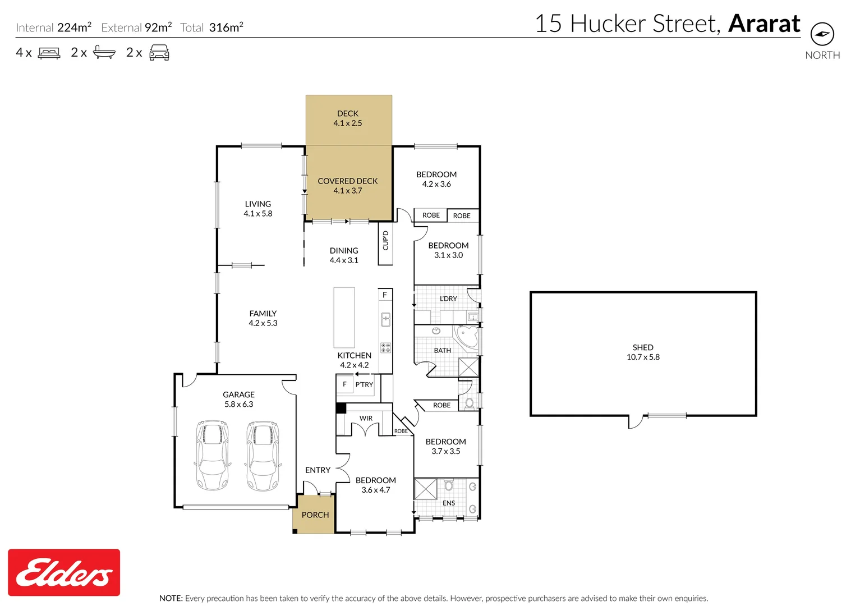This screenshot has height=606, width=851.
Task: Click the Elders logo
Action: (64, 572)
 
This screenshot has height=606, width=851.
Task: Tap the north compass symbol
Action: (822, 34)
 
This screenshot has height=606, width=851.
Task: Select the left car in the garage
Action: (213, 455)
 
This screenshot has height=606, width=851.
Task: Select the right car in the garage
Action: (263, 455)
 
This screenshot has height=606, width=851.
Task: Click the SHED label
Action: (643, 347)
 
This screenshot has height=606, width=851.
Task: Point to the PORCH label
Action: (315, 515)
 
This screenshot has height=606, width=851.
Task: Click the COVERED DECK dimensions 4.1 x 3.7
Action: (348, 191)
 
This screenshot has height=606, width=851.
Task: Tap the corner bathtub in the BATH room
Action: (467, 338)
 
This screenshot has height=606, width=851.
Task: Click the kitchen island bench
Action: (344, 318)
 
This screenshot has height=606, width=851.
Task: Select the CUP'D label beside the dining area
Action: (385, 241)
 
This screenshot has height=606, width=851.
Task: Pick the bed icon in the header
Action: (49, 53)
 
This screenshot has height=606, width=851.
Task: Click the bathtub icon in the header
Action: (104, 53)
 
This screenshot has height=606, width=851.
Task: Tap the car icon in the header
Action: (159, 53)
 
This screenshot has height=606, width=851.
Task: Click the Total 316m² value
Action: (226, 27)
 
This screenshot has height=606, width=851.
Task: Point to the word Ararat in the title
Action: (764, 24)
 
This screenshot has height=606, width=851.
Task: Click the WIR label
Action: (366, 418)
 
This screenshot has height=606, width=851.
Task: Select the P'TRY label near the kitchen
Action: (364, 384)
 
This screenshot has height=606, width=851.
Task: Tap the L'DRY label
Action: (448, 299)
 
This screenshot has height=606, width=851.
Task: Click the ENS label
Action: (449, 503)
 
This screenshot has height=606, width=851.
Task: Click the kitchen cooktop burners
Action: (385, 348)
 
